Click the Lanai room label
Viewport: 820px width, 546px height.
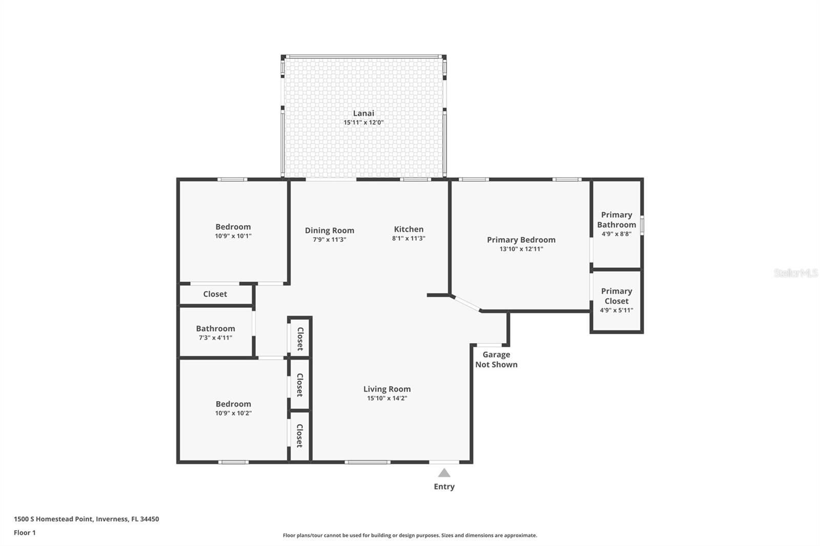[x=363, y=113]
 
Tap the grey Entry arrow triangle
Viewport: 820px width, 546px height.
[x=444, y=473]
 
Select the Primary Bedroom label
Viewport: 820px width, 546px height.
[x=521, y=240]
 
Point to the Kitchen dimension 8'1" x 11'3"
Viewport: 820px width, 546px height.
[x=408, y=238]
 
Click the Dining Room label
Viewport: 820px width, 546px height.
[x=330, y=230]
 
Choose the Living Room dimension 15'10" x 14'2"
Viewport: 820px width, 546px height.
[x=387, y=398]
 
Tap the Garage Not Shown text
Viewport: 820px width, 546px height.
[x=496, y=360]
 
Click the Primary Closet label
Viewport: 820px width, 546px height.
[x=617, y=296]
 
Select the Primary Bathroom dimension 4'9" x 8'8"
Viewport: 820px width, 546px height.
[x=617, y=234]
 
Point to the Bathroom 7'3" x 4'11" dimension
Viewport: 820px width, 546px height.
[x=215, y=338]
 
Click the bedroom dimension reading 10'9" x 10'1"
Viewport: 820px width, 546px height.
[x=233, y=236]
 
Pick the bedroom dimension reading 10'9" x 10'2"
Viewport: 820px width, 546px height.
[x=233, y=413]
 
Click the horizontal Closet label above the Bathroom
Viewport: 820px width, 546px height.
[x=215, y=294]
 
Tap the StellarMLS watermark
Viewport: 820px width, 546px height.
[x=796, y=272]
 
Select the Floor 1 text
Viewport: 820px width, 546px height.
[x=25, y=533]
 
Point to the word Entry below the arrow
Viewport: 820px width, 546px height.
[x=444, y=487]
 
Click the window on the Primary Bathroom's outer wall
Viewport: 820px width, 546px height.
[x=642, y=225]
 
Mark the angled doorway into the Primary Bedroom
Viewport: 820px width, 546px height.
[x=466, y=303]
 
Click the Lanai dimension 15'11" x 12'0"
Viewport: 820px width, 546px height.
[x=363, y=122]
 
